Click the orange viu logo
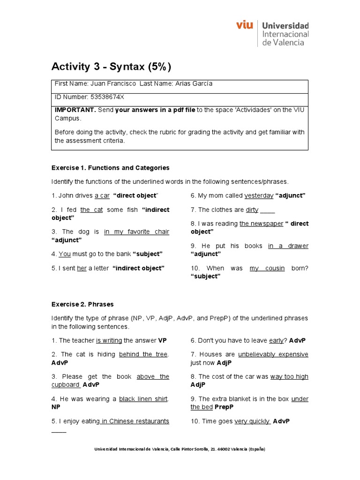[245, 25]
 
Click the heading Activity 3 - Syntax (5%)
[111, 67]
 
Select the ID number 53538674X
[107, 97]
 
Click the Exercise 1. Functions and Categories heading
[110, 168]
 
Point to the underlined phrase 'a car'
[102, 195]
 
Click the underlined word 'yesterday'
[259, 195]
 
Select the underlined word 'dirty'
[252, 210]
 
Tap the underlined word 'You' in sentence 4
[64, 254]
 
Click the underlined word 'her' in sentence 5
[82, 268]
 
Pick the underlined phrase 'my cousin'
[267, 268]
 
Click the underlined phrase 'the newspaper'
[261, 224]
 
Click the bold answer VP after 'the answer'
[163, 340]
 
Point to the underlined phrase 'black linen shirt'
[143, 399]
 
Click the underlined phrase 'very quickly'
[252, 421]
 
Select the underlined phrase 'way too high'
[289, 376]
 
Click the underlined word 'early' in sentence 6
[276, 340]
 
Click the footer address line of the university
[180, 449]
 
